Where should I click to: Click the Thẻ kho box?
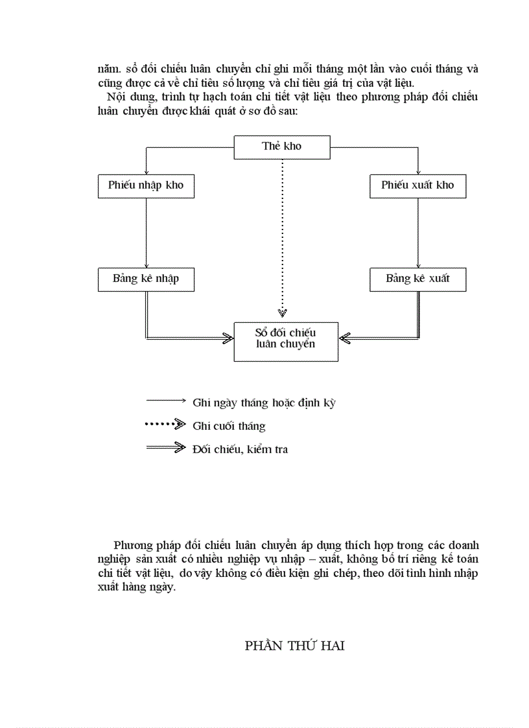point(282,147)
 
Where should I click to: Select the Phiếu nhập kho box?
point(146,186)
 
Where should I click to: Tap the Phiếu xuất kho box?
point(417,186)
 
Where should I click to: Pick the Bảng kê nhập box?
point(146,279)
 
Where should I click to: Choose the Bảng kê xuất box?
point(417,279)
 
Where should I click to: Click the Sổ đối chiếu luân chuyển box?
point(285,341)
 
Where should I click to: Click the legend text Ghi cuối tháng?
point(229,427)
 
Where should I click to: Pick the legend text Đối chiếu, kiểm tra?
point(240,449)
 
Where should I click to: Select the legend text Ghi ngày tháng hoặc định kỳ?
point(264,403)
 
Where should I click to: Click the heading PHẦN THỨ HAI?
point(294,646)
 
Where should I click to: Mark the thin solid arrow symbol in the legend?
point(166,401)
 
